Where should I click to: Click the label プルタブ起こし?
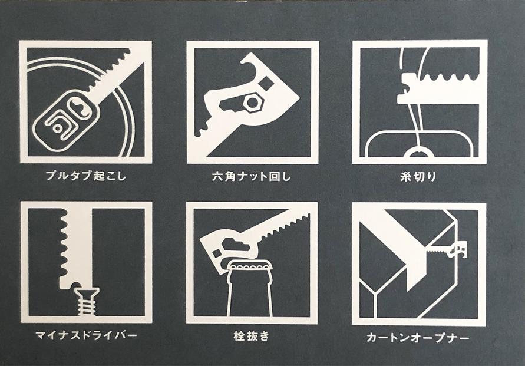(x=85, y=176)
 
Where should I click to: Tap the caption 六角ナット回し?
(x=252, y=176)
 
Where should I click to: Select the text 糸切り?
(x=418, y=176)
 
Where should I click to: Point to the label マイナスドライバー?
(x=86, y=335)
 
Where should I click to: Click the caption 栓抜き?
(x=252, y=336)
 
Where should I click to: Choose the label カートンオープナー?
(x=418, y=337)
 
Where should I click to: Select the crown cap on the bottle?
(x=250, y=269)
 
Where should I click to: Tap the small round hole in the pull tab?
(x=58, y=128)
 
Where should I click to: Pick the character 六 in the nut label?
(x=217, y=176)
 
